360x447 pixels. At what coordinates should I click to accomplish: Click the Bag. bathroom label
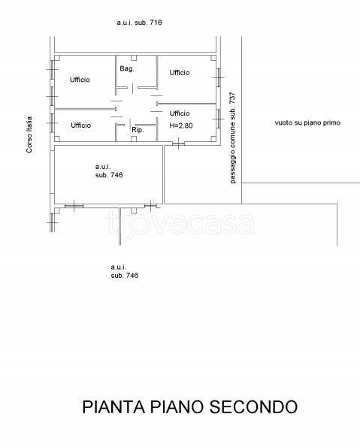127,69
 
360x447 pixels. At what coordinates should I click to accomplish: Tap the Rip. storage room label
138,130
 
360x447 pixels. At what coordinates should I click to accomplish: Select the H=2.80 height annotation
181,125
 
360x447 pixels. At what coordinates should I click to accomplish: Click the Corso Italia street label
29,134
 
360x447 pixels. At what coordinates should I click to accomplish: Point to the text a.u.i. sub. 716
139,23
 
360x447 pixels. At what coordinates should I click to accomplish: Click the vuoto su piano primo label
307,123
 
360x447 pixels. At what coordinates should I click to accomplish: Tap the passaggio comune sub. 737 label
233,137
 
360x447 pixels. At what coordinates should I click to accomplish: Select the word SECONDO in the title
253,406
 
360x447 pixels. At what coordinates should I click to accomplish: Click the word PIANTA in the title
113,406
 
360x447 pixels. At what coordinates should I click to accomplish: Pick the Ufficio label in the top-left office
80,80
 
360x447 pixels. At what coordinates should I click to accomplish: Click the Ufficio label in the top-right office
180,73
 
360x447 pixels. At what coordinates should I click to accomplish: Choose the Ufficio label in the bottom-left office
80,125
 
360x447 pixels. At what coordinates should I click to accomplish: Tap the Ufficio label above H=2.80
180,113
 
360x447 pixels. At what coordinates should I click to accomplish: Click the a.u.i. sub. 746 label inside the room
109,171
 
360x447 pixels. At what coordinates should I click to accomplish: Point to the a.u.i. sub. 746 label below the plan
125,271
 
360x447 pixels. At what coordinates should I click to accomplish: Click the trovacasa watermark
180,223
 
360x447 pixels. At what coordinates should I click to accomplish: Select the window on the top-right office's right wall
218,77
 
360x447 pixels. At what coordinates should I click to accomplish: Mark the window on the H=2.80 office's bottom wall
178,143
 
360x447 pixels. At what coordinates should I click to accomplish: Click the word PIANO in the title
177,406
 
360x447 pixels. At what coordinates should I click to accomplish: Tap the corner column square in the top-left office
57,58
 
